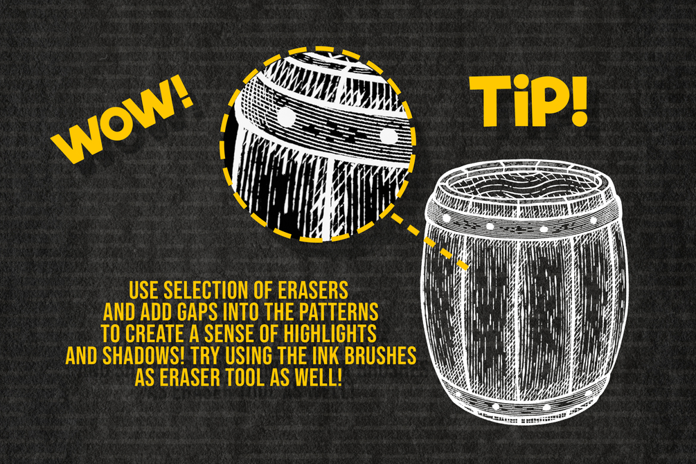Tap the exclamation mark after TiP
[x=578, y=101]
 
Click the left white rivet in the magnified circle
[x=286, y=117]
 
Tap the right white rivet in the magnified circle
[x=389, y=136]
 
